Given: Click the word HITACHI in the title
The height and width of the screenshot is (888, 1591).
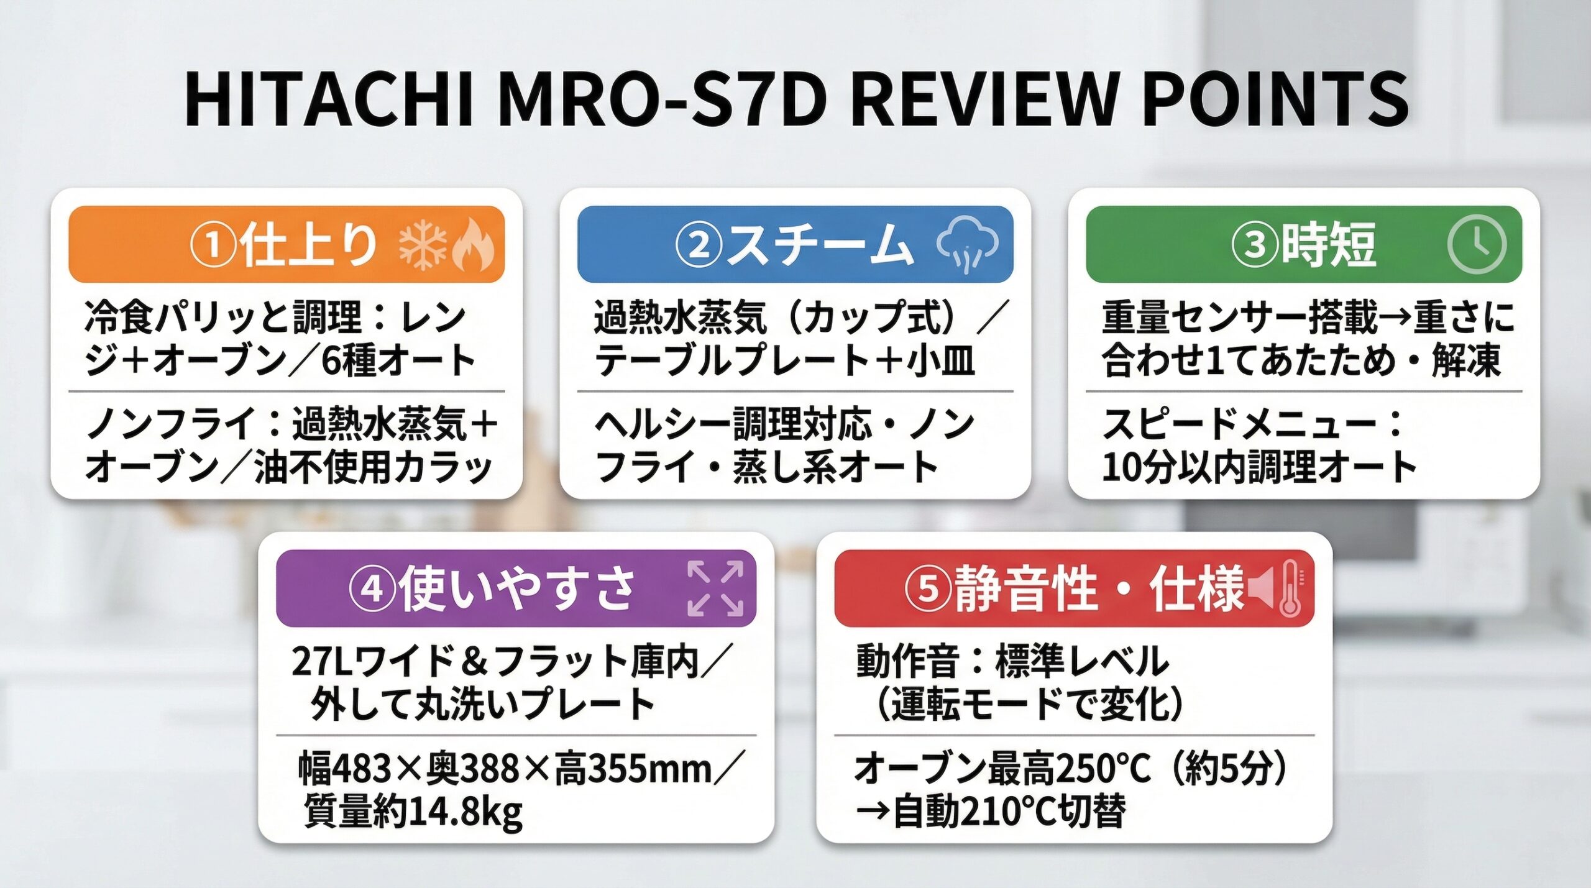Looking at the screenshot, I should coord(329,100).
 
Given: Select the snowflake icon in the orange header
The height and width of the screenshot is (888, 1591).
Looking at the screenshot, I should coord(423,245).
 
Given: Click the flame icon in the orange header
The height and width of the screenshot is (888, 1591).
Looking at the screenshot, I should coord(474,245).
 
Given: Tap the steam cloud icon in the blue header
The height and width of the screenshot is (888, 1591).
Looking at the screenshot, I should coord(967,245).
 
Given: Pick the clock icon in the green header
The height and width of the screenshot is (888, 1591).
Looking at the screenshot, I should coord(1477,245).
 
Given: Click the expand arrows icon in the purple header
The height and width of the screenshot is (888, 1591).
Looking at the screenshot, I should coord(716,588).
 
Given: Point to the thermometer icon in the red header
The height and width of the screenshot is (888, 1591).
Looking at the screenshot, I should coord(1290,588).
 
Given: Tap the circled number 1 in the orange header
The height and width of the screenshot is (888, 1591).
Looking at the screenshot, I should coord(213,245).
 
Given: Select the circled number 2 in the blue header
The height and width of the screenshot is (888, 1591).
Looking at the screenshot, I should coord(699,245).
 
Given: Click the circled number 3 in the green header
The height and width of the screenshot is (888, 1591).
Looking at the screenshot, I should coord(1255,245).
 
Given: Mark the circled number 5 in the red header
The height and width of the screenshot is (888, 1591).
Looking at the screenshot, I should coord(927,588).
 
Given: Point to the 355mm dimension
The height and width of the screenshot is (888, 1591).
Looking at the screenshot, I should coord(649,769).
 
